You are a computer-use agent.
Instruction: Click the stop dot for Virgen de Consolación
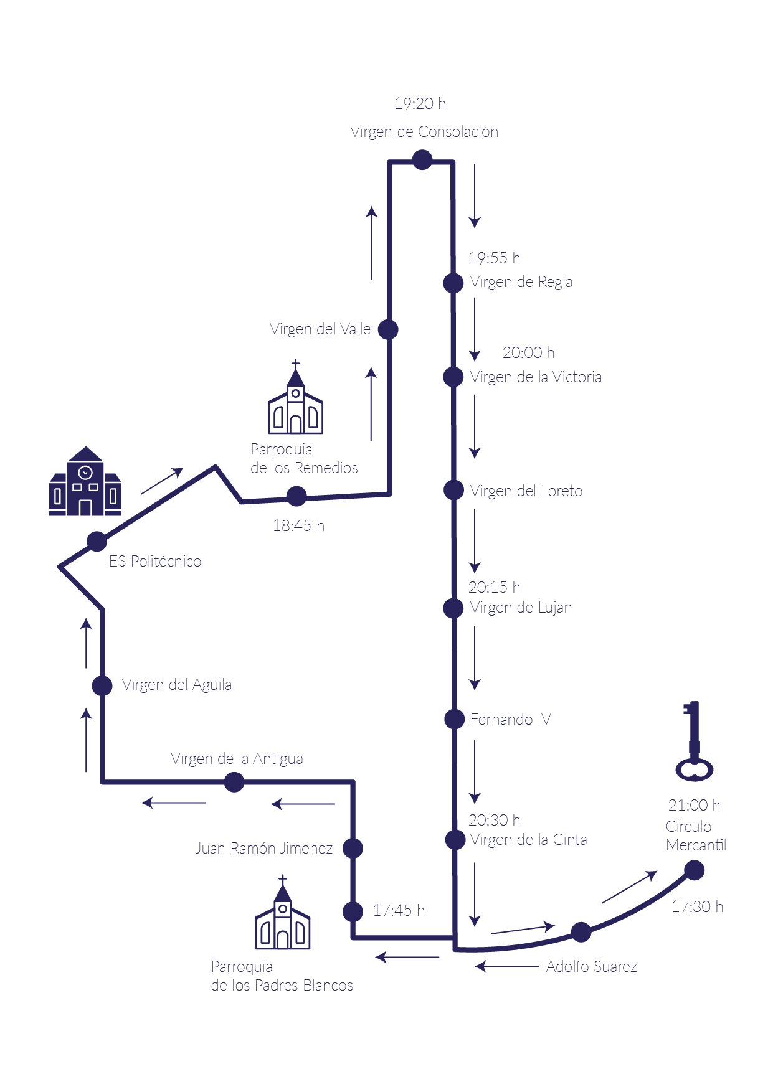pos(422,160)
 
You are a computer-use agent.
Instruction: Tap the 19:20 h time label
pos(420,104)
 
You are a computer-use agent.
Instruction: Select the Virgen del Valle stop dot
pos(388,329)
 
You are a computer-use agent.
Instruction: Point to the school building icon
pos(85,482)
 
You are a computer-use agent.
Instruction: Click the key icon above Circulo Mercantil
pos(694,741)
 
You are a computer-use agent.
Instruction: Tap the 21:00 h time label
pos(694,806)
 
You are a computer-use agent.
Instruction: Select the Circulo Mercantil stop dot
pos(694,870)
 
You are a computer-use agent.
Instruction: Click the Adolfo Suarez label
pos(591,967)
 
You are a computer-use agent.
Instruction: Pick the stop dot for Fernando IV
pos(455,720)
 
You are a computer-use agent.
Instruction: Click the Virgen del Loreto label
pos(526,491)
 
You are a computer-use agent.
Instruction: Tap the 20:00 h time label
pos(528,353)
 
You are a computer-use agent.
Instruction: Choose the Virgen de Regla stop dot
pos(453,283)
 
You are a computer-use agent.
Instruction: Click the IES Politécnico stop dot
pos(97,542)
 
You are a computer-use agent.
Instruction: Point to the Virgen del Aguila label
pos(177,685)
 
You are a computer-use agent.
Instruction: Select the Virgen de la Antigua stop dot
pos(234,782)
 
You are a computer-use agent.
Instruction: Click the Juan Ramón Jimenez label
pos(263,849)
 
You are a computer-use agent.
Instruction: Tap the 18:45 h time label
pos(298,526)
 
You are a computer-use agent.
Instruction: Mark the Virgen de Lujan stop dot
pos(453,608)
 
